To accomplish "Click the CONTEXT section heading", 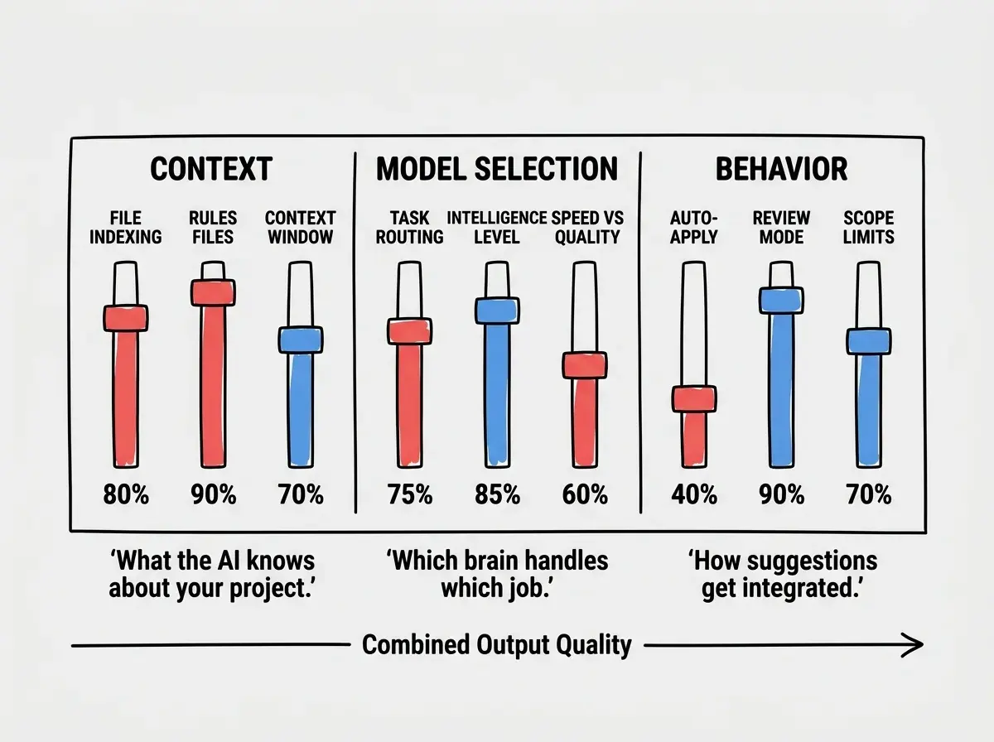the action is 211,169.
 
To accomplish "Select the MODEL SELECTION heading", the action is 497,169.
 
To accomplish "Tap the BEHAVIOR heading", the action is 781,169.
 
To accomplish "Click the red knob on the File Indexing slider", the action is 125,318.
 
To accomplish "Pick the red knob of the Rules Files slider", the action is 213,292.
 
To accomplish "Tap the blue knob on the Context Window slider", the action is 300,340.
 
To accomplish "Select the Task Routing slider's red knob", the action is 409,331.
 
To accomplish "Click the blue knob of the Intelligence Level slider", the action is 497,311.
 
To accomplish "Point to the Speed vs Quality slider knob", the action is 585,365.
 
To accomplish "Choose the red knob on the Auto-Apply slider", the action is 694,399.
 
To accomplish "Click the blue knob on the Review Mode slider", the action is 781,300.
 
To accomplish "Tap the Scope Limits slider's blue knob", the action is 869,341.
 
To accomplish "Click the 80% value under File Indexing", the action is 126,494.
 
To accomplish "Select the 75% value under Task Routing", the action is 410,494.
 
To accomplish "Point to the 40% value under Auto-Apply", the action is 694,494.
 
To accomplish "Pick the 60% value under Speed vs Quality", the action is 585,494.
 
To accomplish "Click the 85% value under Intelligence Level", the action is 497,494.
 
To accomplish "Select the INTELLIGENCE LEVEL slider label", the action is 497,228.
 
